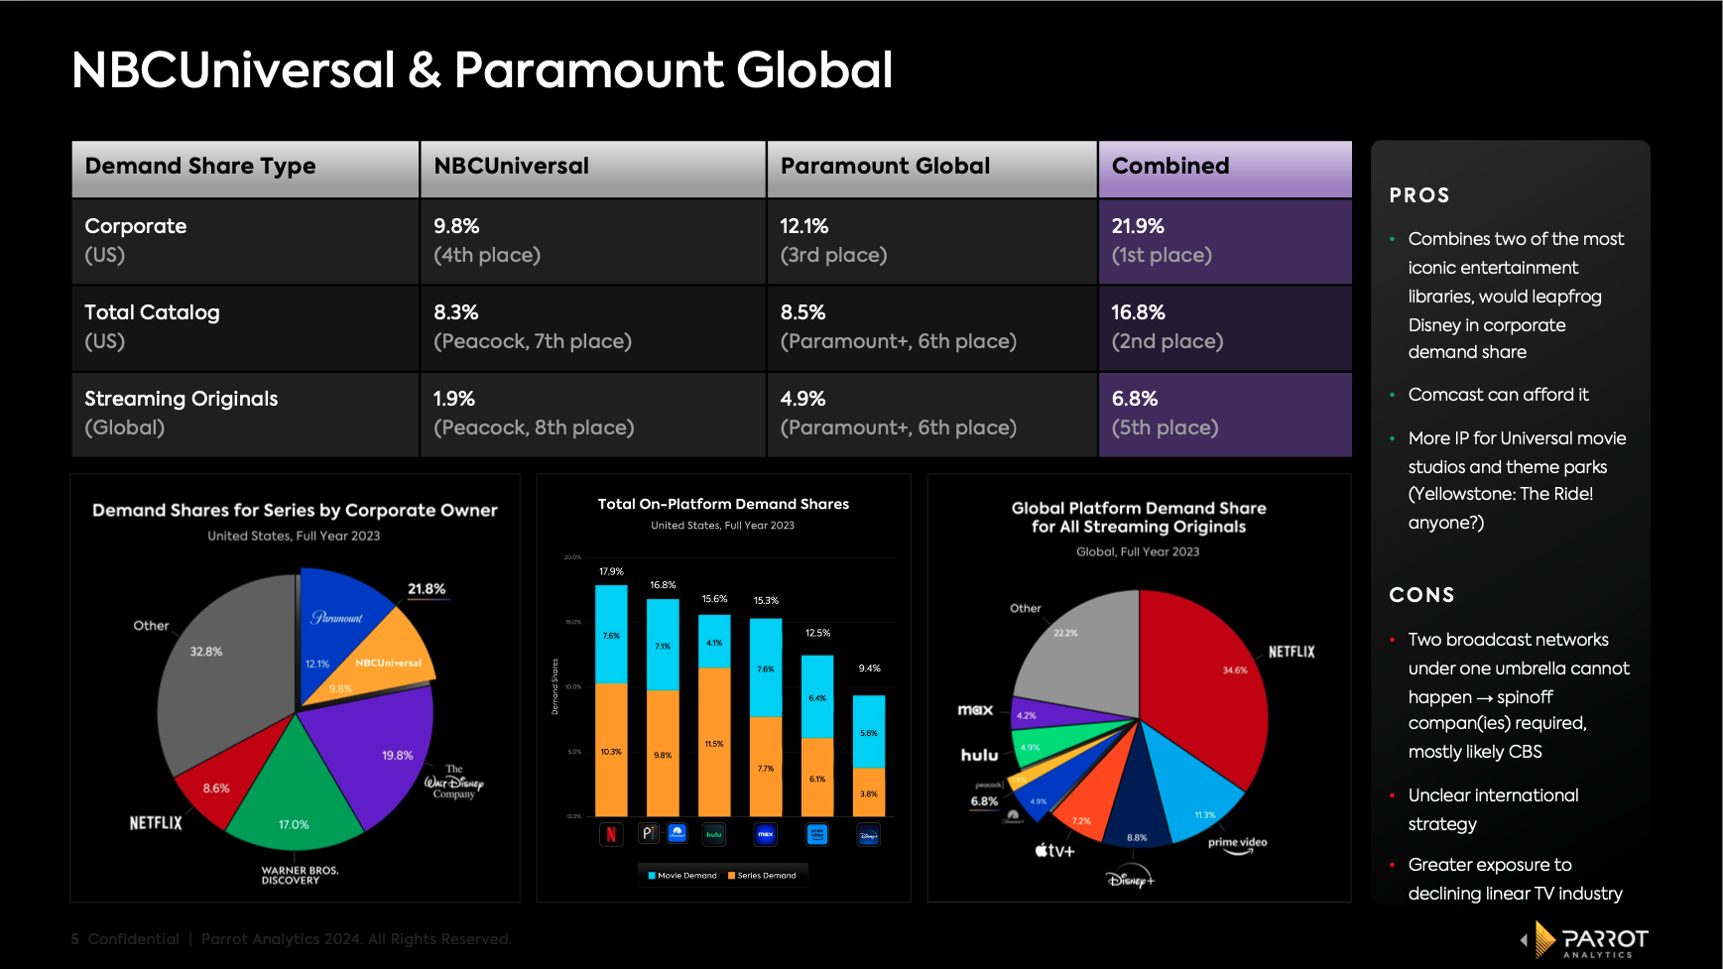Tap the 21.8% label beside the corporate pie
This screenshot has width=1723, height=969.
coord(427,589)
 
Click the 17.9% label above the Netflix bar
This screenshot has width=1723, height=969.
coord(611,571)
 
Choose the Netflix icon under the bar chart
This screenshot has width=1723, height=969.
coord(611,834)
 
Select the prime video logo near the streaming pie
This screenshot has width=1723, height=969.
coord(1237,844)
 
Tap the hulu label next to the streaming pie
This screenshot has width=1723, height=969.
coord(979,756)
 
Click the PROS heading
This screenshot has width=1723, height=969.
coord(1418,195)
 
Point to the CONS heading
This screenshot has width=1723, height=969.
coord(1421,595)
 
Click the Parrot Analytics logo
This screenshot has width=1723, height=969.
coord(1586,940)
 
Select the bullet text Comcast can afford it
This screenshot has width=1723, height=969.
coord(1498,395)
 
